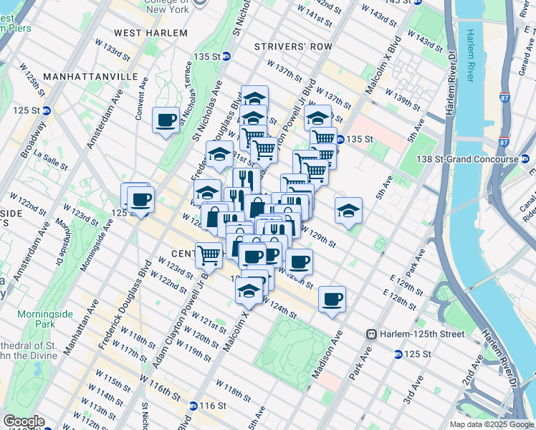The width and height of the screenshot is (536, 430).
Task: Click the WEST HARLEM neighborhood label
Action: click(x=150, y=33)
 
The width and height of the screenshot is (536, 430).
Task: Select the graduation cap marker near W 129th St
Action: click(x=348, y=211)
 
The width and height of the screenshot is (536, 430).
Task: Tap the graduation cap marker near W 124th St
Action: click(x=249, y=290)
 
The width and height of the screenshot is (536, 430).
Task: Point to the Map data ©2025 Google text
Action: click(x=492, y=424)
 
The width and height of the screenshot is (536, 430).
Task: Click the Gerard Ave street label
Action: click(x=529, y=58)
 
